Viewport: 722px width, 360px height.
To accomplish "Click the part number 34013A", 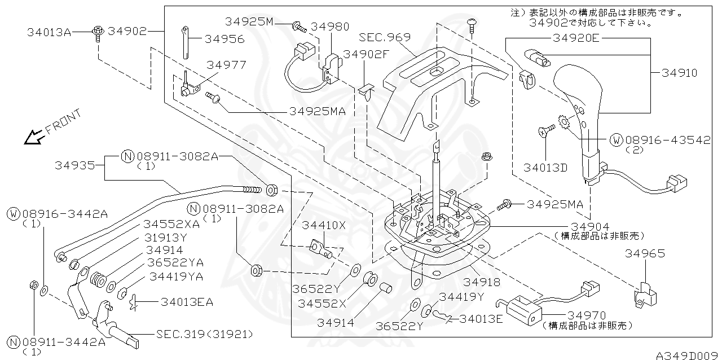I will pos(49,32).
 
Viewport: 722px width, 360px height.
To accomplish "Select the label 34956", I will pos(224,39).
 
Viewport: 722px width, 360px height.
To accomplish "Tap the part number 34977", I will pos(226,65).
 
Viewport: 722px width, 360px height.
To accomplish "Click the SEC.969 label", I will pos(385,37).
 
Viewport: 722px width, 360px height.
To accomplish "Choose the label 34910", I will pos(679,73).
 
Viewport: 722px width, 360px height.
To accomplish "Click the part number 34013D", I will pos(545,168).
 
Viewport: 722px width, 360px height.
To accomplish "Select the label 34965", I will pos(645,253).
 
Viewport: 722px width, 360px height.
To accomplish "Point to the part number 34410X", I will pos(323,225).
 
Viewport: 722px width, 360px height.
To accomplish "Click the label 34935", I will pos(74,165).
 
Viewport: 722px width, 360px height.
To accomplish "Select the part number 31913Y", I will pos(164,236).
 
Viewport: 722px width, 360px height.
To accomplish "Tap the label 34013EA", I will pos(187,302).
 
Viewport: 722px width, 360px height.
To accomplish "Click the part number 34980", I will pos(330,26).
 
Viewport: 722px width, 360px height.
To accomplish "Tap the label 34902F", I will pos(367,54).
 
